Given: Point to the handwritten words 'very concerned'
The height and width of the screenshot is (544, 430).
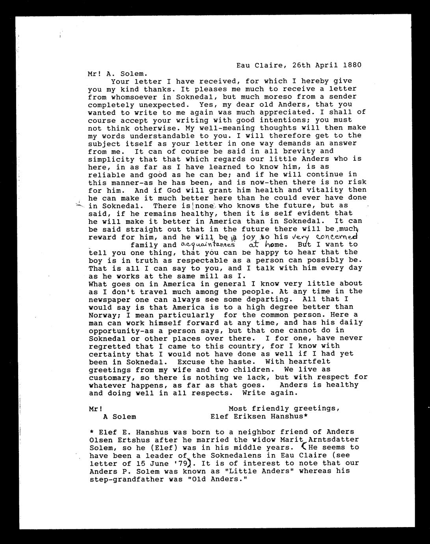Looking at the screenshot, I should point(324,237).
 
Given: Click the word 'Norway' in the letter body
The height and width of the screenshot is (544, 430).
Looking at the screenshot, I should point(101,315).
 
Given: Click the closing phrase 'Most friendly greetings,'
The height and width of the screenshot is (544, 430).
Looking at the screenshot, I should point(284,408).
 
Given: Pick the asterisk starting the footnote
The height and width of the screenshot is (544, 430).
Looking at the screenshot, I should point(91,432).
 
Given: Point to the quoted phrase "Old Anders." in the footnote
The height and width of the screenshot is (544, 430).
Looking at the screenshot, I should point(214,479).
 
